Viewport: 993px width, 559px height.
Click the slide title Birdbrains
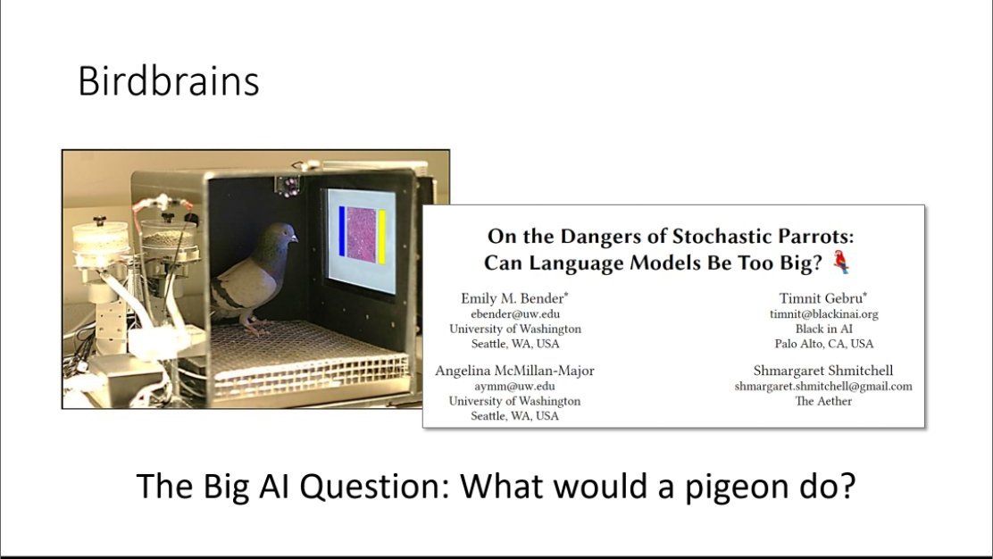[168, 83]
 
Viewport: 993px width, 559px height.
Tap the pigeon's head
[280, 236]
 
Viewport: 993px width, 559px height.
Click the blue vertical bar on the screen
[342, 235]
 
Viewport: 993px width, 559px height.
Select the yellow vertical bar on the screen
[381, 236]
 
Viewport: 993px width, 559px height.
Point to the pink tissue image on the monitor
[362, 235]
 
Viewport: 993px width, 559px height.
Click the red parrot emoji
[841, 262]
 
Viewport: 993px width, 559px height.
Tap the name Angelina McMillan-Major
[514, 371]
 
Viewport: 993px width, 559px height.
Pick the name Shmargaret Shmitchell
[823, 371]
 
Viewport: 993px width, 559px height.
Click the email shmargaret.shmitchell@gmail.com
[823, 386]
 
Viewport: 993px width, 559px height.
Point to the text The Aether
[823, 401]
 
